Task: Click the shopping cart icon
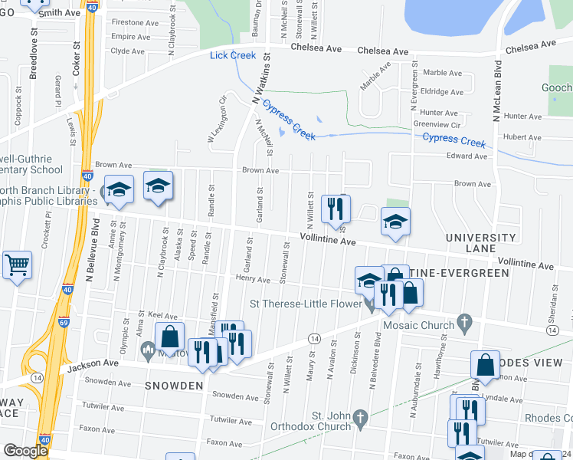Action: click(x=17, y=265)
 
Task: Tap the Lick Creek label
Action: click(x=233, y=55)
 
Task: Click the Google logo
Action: click(x=25, y=451)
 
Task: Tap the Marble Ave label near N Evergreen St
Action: click(x=442, y=73)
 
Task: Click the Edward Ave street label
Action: click(x=467, y=156)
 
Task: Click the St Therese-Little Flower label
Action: click(x=313, y=304)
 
